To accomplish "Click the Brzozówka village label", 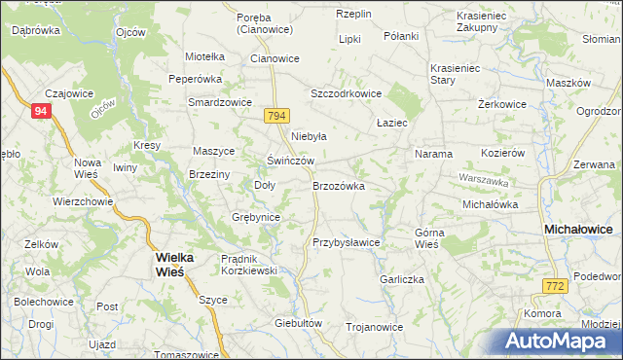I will pos(339,186).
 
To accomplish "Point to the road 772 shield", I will pos(555,285).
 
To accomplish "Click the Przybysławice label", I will pos(346,242).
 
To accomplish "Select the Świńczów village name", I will pos(291,161).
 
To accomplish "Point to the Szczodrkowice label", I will pos(346,93).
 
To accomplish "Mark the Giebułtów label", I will pos(298,323).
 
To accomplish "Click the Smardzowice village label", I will pos(220,102).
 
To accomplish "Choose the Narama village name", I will pos(433,154).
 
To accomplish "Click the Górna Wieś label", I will pos(428,238).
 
